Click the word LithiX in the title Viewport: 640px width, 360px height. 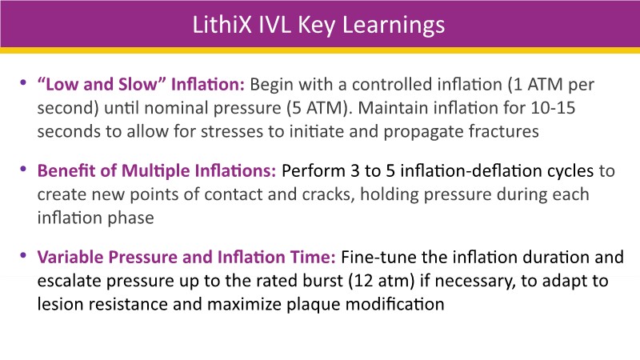[222, 25]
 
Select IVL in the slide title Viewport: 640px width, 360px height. [275, 25]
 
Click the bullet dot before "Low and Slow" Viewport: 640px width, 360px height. [23, 83]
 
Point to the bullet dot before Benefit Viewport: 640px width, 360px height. [23, 169]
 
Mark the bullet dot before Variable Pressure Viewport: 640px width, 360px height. [23, 255]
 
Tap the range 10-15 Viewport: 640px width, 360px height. [553, 108]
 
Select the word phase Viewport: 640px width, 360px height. [130, 218]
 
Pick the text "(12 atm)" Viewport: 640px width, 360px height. [382, 282]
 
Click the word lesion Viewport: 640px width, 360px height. [57, 304]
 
